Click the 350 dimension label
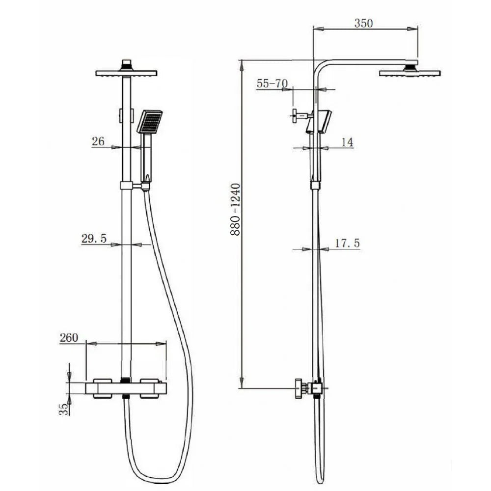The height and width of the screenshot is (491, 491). coord(363,23)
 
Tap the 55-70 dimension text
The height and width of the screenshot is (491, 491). coord(272,83)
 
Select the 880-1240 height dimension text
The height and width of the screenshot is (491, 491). coord(235,210)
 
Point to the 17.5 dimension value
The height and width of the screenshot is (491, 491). coord(347,243)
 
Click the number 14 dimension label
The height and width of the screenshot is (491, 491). coord(347,142)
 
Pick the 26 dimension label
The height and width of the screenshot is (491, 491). coord(98,141)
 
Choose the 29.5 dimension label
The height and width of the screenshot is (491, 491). coord(94,239)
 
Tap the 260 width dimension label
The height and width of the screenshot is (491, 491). coord(69,338)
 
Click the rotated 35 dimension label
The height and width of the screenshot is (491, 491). coord(64,409)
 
